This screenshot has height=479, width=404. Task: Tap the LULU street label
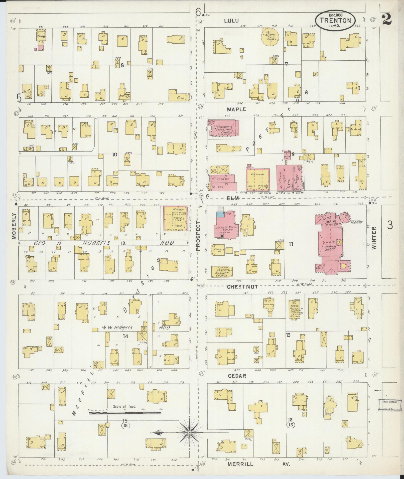pyautogui.click(x=231, y=21)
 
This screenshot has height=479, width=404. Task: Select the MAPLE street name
pyautogui.click(x=236, y=109)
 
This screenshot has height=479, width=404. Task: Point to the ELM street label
pyautogui.click(x=233, y=198)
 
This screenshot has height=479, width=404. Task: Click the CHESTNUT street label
pyautogui.click(x=242, y=287)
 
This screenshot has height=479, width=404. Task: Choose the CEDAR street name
pyautogui.click(x=237, y=376)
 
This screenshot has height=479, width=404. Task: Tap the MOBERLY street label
pyautogui.click(x=14, y=226)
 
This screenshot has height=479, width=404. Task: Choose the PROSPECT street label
pyautogui.click(x=198, y=236)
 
